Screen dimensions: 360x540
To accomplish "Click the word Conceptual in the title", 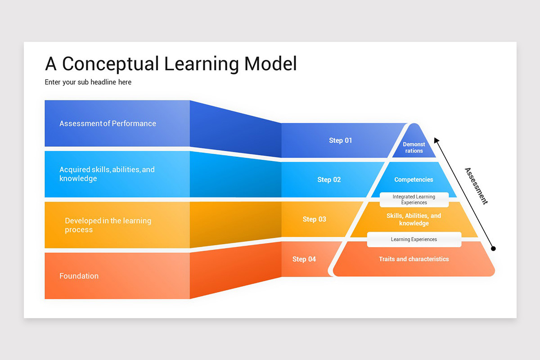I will [x=111, y=64].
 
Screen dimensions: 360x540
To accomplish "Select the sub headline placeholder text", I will [x=88, y=82].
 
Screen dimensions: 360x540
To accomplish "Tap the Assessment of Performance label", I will [x=108, y=124].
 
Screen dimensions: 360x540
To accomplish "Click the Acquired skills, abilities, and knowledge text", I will [x=107, y=174].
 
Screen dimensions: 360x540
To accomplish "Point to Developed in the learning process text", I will [x=108, y=225].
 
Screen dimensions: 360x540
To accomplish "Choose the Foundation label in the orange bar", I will [x=79, y=276].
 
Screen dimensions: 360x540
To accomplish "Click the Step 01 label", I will [x=341, y=141].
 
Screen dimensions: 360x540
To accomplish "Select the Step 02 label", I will [x=329, y=180].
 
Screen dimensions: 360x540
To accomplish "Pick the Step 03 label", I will [x=315, y=220].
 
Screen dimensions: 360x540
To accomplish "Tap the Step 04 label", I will [x=304, y=259].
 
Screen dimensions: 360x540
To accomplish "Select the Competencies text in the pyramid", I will [x=414, y=180].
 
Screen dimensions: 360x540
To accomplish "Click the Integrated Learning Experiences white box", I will [x=414, y=200].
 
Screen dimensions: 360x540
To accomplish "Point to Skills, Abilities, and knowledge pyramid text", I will [x=414, y=220].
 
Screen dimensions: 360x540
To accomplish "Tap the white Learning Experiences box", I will [x=414, y=239].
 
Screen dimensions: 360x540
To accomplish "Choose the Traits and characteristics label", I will [x=414, y=259].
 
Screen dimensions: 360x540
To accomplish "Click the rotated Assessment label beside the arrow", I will [x=476, y=186].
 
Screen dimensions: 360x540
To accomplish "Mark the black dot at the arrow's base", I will [x=493, y=248].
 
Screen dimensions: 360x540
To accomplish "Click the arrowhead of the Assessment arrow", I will [x=436, y=140].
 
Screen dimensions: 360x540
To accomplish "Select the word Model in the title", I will [x=271, y=64].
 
